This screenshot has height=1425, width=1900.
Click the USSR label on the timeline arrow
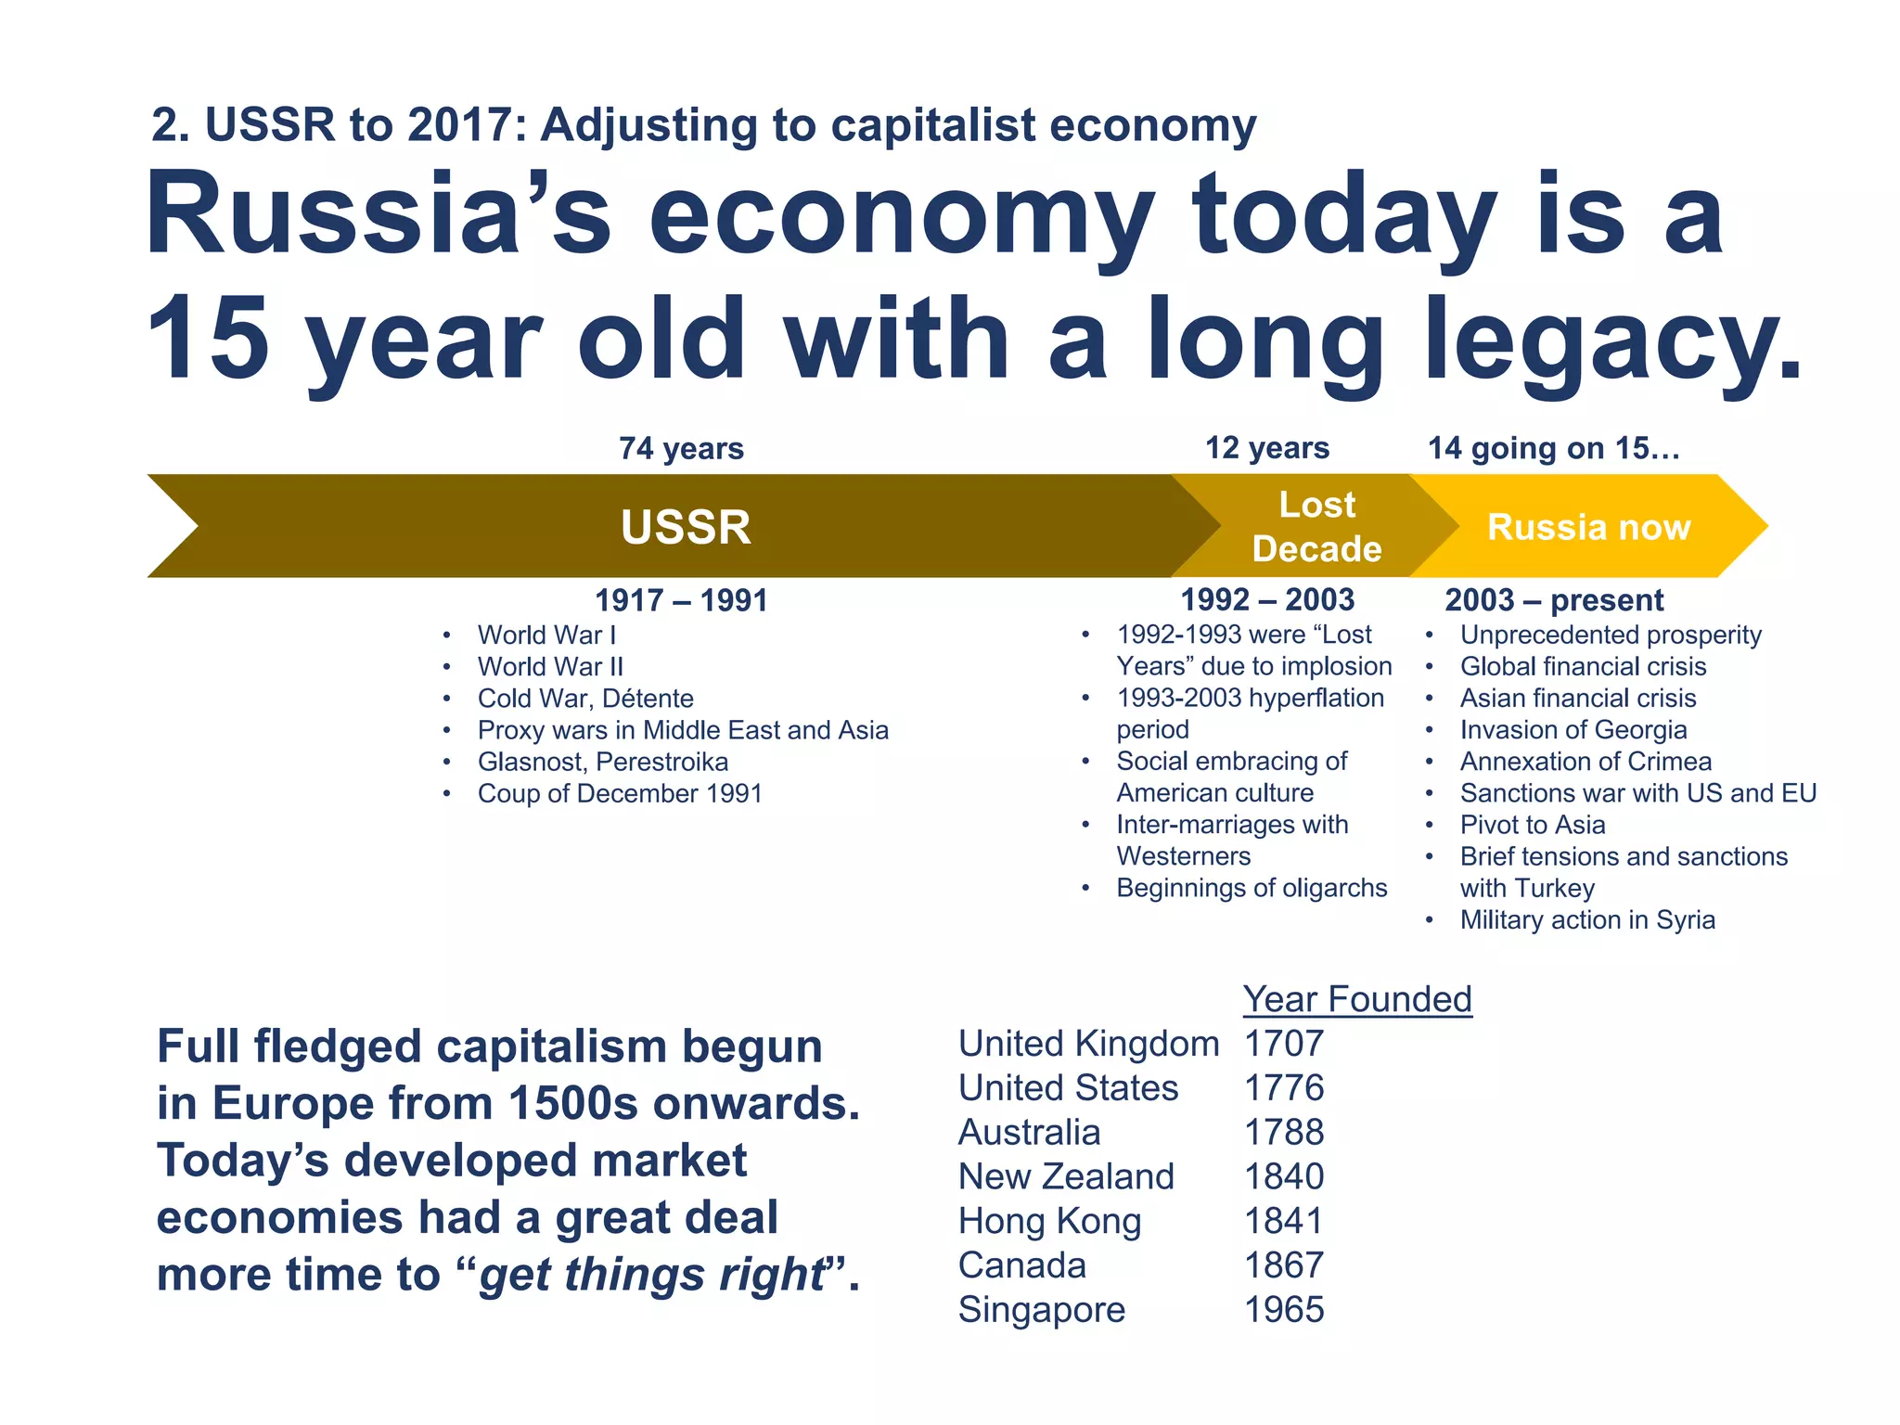pos(686,527)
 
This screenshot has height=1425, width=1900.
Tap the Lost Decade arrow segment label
pos(1316,527)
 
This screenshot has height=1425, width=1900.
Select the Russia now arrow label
pos(1588,527)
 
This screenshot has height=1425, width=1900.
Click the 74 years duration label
pos(681,448)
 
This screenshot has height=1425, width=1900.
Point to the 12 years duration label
pos(1266,448)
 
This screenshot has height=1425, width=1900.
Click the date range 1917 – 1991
pos(681,600)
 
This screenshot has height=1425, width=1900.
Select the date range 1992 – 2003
pos(1266,600)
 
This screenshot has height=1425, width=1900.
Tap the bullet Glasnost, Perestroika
pos(602,762)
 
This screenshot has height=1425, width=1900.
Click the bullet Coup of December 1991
pos(619,793)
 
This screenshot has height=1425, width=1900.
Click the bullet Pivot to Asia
pos(1532,825)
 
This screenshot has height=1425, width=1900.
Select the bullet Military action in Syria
pos(1587,919)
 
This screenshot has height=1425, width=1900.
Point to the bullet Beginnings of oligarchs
pos(1252,888)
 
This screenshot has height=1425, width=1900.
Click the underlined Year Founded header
pos(1357,999)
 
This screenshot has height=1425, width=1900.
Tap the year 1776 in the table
pos(1284,1087)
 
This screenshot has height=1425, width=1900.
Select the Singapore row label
pos(1041,1309)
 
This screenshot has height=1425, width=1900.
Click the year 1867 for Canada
pos(1284,1265)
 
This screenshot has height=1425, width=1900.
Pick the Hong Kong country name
pos(1049,1221)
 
